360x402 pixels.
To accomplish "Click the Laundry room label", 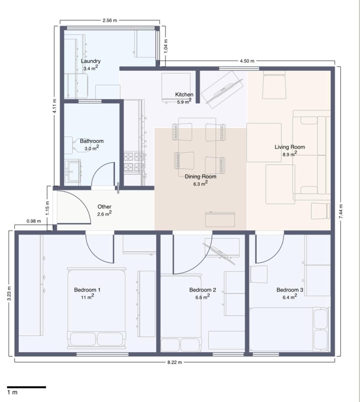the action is coord(91,61).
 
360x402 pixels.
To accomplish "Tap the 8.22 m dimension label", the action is coord(175,362).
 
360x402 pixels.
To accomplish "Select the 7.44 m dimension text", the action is coord(341,211).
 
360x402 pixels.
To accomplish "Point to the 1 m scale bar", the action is coord(27,387).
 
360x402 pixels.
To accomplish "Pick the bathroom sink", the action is coord(73,172).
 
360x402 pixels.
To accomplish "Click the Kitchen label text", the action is coord(184,94).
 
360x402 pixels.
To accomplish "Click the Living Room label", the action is coord(290,147).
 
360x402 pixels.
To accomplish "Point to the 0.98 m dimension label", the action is coord(34,221).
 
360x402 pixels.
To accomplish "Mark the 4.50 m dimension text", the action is coord(247,61).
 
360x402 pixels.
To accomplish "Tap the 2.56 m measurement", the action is coord(110,20).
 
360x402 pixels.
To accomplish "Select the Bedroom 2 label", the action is coord(202,290).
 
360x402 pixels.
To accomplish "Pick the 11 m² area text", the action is coord(87,297).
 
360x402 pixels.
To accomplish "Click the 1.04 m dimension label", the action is coord(166,46).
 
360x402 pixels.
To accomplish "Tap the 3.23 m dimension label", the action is coord(9,293).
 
